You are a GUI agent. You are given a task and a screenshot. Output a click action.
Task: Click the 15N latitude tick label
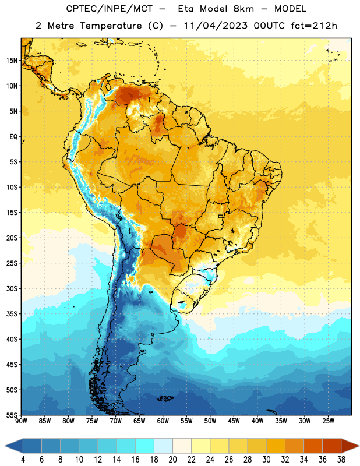point(12,61)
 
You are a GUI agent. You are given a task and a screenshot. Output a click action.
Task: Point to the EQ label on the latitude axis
point(13,137)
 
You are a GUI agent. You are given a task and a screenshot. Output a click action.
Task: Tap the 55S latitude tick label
point(12,415)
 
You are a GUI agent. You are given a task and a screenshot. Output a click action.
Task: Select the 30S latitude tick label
point(12,288)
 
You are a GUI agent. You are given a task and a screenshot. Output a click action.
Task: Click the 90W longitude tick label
point(21,421)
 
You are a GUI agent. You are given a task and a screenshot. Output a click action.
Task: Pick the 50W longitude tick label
point(210,421)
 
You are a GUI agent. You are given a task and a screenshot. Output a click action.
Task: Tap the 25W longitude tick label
point(328,421)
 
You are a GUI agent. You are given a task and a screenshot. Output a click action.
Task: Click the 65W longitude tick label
point(139,421)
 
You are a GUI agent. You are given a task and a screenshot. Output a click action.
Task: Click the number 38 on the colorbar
point(341,460)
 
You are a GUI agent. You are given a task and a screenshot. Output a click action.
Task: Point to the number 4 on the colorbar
point(23,460)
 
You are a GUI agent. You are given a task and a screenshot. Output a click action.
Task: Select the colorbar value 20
point(172,460)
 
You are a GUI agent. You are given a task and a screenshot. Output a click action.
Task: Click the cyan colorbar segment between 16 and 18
point(145,446)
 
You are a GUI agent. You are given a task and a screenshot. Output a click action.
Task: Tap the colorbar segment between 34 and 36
point(313,446)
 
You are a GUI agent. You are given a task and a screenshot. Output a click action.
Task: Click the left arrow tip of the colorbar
point(5,446)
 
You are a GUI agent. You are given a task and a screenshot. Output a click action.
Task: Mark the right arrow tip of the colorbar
point(359,446)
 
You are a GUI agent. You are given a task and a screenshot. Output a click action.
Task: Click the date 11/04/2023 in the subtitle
point(216,26)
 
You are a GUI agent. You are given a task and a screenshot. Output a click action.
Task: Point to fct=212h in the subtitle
point(314,26)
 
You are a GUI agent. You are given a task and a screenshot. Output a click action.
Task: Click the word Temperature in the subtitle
point(111,26)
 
